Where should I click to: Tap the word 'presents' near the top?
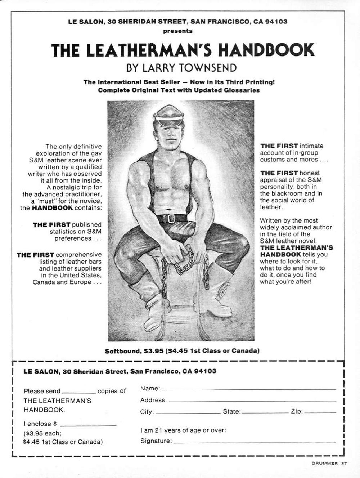(x=178, y=31)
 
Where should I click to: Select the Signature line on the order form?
(x=254, y=442)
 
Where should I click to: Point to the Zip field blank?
(x=320, y=412)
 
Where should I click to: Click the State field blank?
(x=265, y=412)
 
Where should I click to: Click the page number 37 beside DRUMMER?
(x=344, y=464)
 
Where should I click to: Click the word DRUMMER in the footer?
(x=324, y=464)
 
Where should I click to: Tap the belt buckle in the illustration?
(x=171, y=218)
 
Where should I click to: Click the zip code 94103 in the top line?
(x=276, y=22)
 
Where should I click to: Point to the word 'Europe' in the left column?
(x=80, y=282)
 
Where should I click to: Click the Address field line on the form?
(x=252, y=401)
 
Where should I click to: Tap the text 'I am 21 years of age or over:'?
(x=183, y=430)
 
